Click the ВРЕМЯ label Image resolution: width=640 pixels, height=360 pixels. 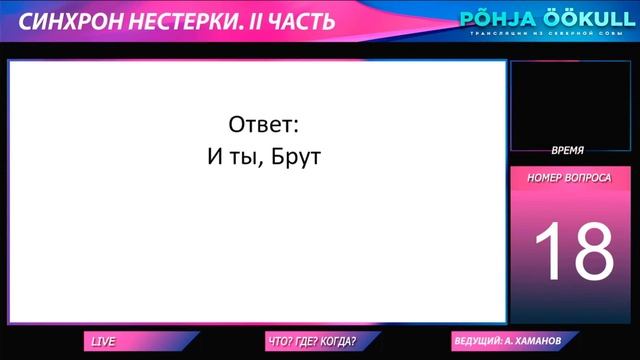(x=567, y=149)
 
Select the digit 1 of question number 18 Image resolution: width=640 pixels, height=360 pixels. (x=548, y=251)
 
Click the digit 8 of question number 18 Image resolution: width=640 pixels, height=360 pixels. (x=592, y=251)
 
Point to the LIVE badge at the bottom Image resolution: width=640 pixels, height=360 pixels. (x=103, y=342)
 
